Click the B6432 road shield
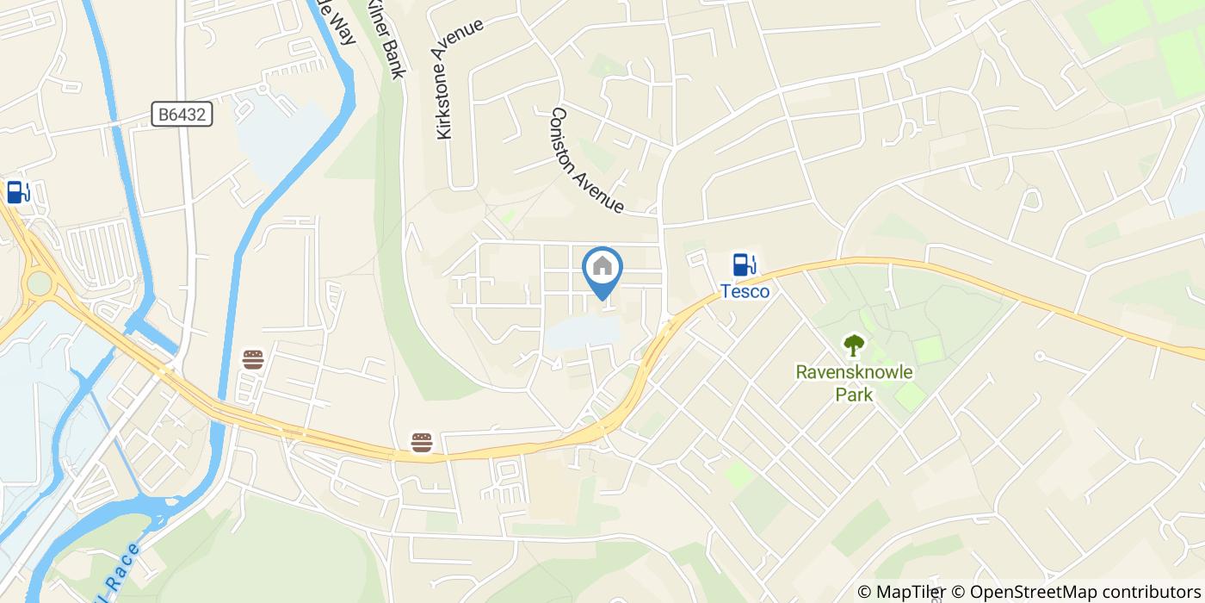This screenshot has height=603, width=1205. pyautogui.click(x=183, y=115)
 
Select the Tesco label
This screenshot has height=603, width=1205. pyautogui.click(x=745, y=291)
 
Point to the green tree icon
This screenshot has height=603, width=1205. pyautogui.click(x=853, y=345)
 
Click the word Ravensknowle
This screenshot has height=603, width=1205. pyautogui.click(x=853, y=373)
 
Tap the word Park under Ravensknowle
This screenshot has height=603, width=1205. pyautogui.click(x=854, y=395)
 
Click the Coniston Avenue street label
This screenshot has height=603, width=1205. pyautogui.click(x=587, y=160)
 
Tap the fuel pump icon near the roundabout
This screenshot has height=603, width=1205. pyautogui.click(x=17, y=192)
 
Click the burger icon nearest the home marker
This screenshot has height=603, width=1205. pyautogui.click(x=421, y=443)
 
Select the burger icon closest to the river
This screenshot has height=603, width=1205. pyautogui.click(x=252, y=359)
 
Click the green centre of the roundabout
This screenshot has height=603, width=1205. pyautogui.click(x=39, y=283)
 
